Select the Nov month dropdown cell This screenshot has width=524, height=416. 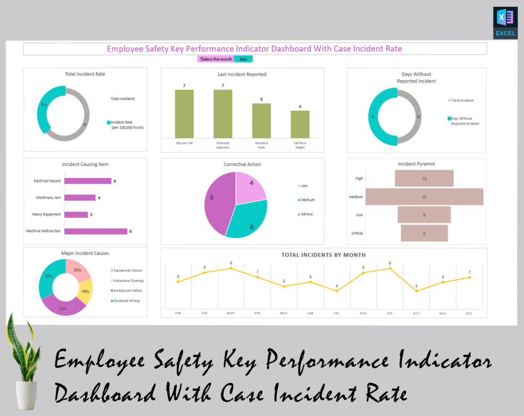pyautogui.click(x=243, y=59)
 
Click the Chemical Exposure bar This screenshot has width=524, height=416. pyautogui.click(x=223, y=113)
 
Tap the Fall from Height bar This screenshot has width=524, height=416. pyautogui.click(x=300, y=124)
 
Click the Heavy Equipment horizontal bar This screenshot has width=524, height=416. pyautogui.click(x=76, y=214)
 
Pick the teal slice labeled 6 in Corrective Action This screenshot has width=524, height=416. pyautogui.click(x=247, y=219)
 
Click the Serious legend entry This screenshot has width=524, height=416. pyautogui.click(x=306, y=214)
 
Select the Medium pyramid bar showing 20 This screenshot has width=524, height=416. pyautogui.click(x=424, y=197)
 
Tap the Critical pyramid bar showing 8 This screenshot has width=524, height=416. pyautogui.click(x=424, y=233)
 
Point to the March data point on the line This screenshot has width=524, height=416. pyautogui.click(x=231, y=268)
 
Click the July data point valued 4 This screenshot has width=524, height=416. pyautogui.click(x=337, y=291)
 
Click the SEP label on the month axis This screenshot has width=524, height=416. pyautogui.click(x=390, y=313)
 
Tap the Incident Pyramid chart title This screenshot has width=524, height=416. pyautogui.click(x=416, y=164)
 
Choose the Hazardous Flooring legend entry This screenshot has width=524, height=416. pyautogui.click(x=128, y=280)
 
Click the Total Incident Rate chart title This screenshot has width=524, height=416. pyautogui.click(x=85, y=74)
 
